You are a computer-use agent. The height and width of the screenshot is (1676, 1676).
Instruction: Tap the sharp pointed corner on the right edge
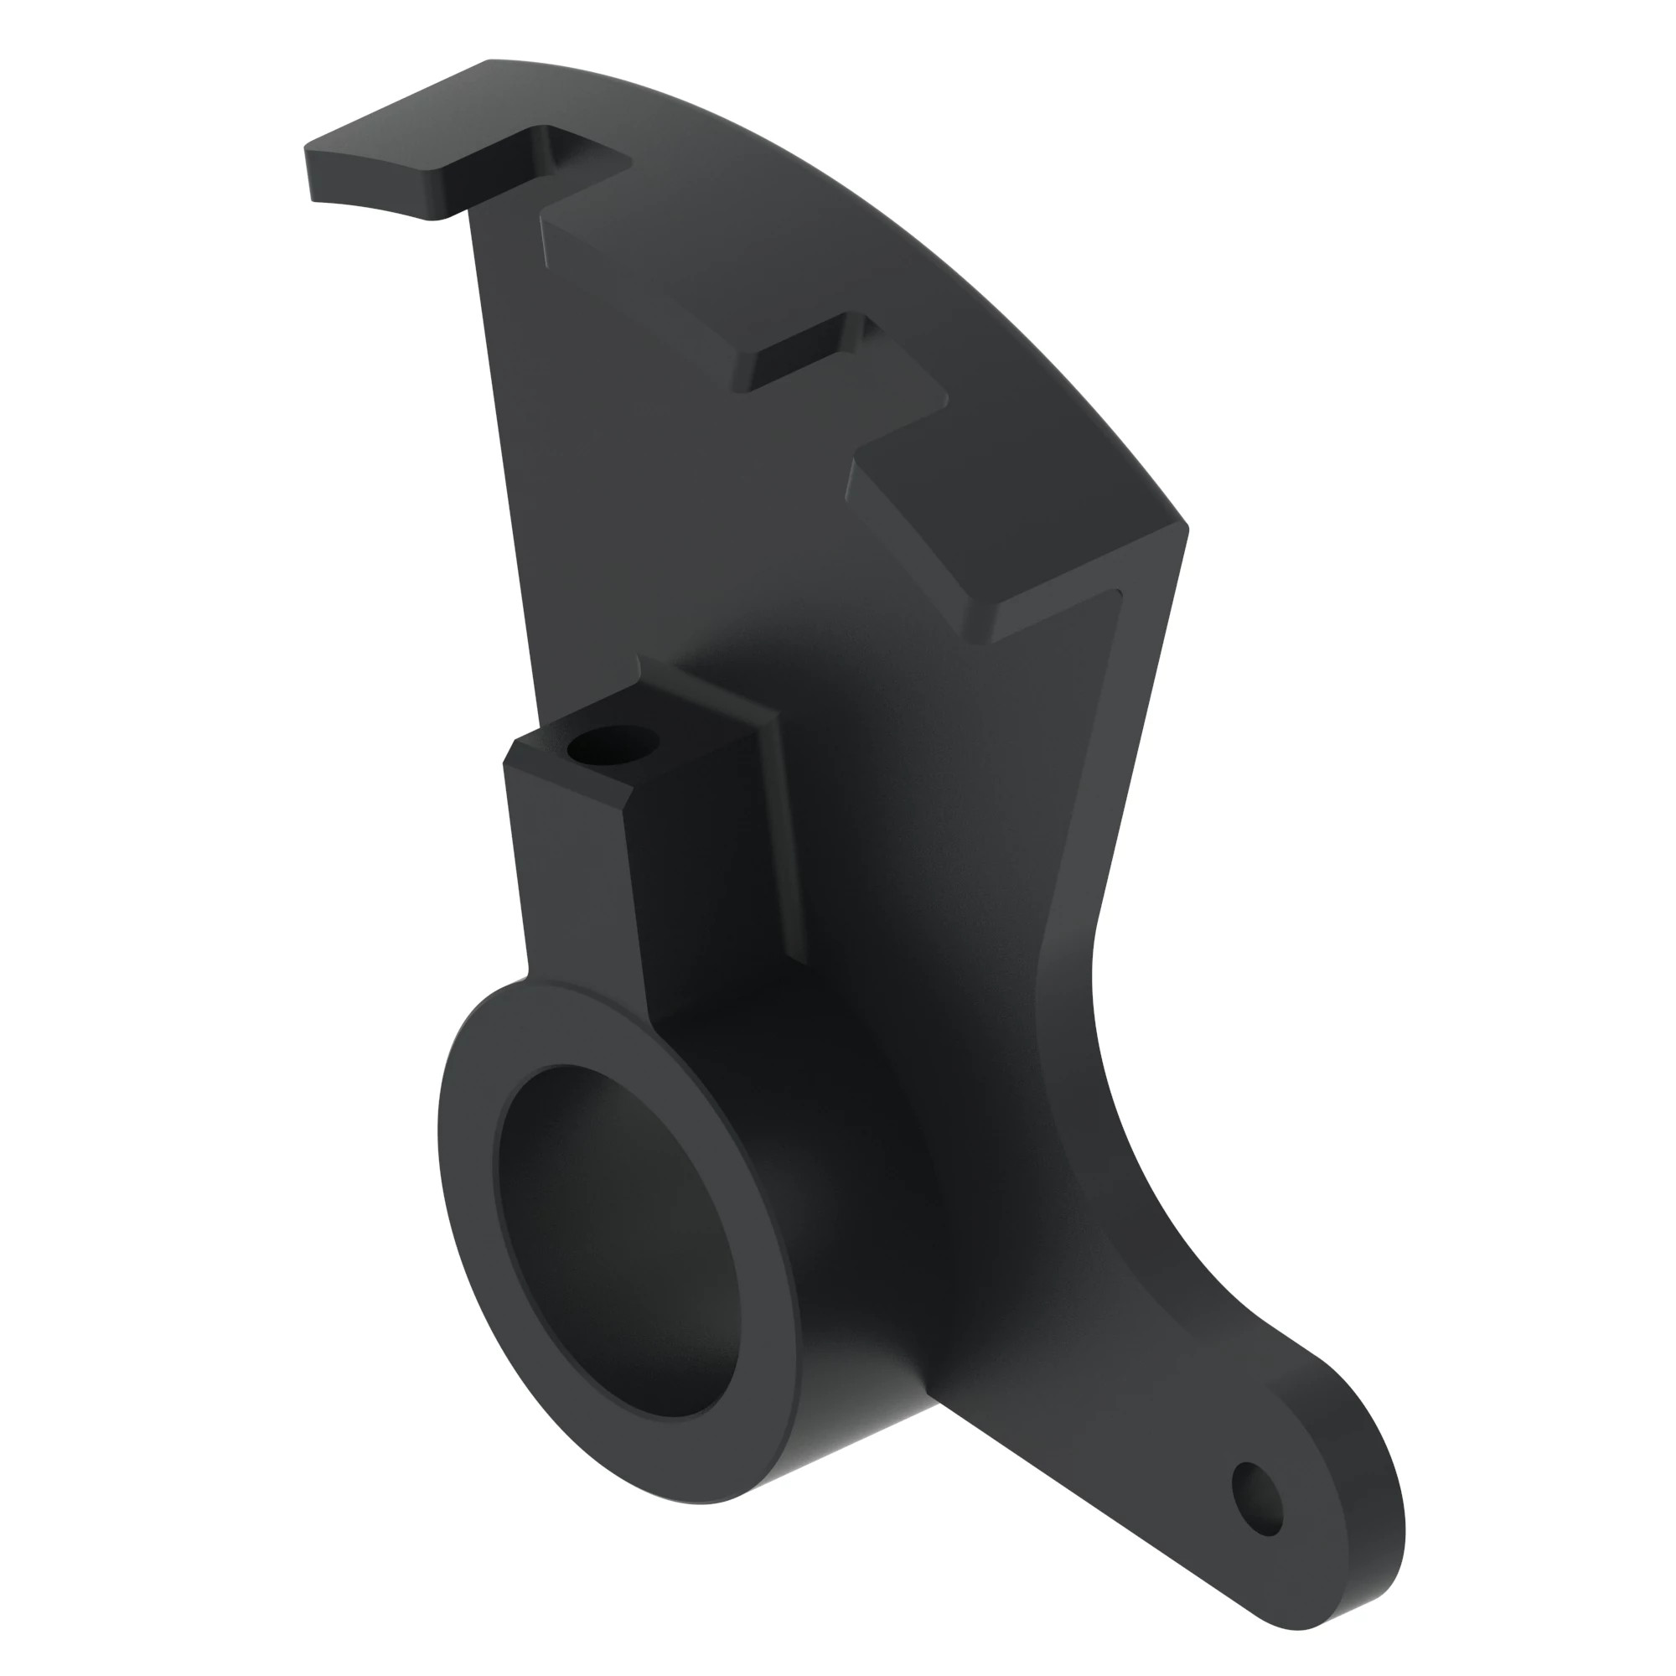(x=1185, y=526)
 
